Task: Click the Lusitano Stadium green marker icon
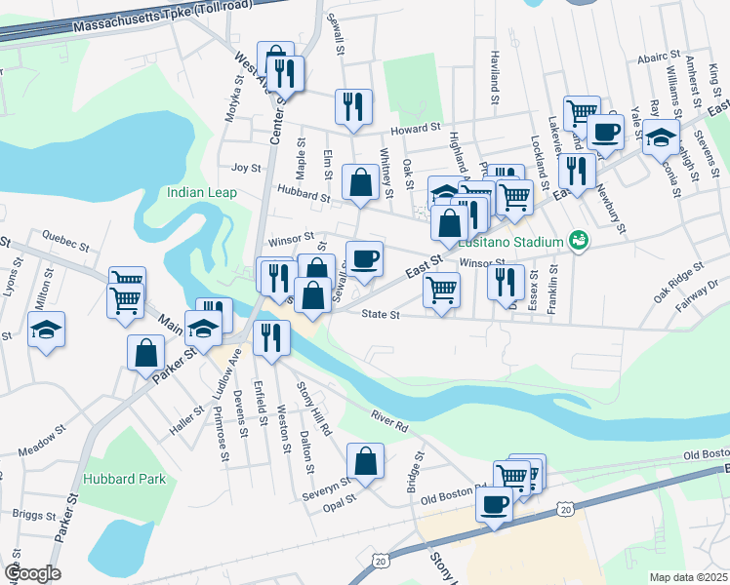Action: [x=578, y=240]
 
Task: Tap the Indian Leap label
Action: [x=202, y=192]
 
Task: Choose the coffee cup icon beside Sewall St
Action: [x=364, y=258]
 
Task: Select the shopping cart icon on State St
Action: [x=442, y=290]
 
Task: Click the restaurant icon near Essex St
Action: [x=505, y=281]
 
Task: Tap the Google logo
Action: [x=32, y=573]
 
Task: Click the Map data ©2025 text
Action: [x=688, y=577]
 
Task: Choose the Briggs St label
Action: [x=32, y=513]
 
